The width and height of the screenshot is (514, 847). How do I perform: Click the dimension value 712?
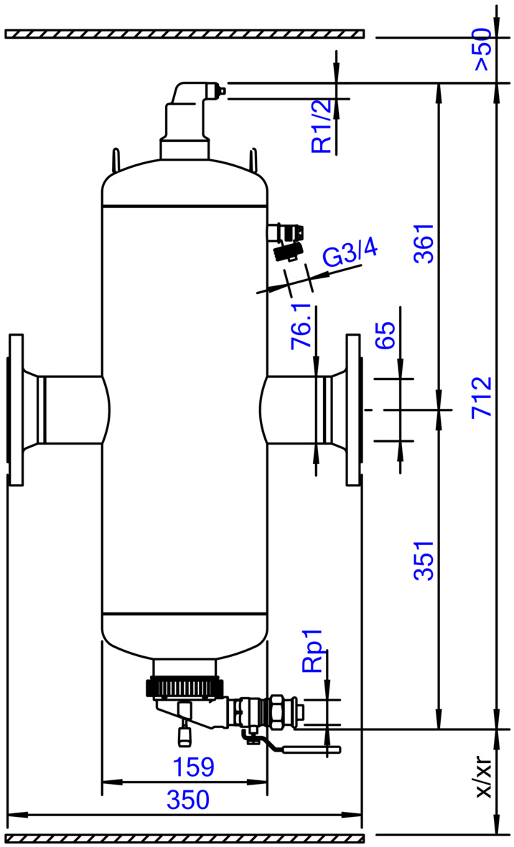[x=482, y=397]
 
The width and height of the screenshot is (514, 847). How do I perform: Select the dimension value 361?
[x=424, y=243]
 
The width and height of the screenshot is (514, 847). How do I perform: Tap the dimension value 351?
[x=424, y=560]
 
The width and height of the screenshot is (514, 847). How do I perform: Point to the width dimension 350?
[x=188, y=800]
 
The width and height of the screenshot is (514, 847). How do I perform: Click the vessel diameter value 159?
[x=193, y=767]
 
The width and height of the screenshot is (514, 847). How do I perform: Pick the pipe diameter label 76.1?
[x=302, y=326]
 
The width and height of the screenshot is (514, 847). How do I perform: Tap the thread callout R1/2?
[x=322, y=126]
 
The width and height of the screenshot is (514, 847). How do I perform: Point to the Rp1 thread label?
[x=312, y=650]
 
